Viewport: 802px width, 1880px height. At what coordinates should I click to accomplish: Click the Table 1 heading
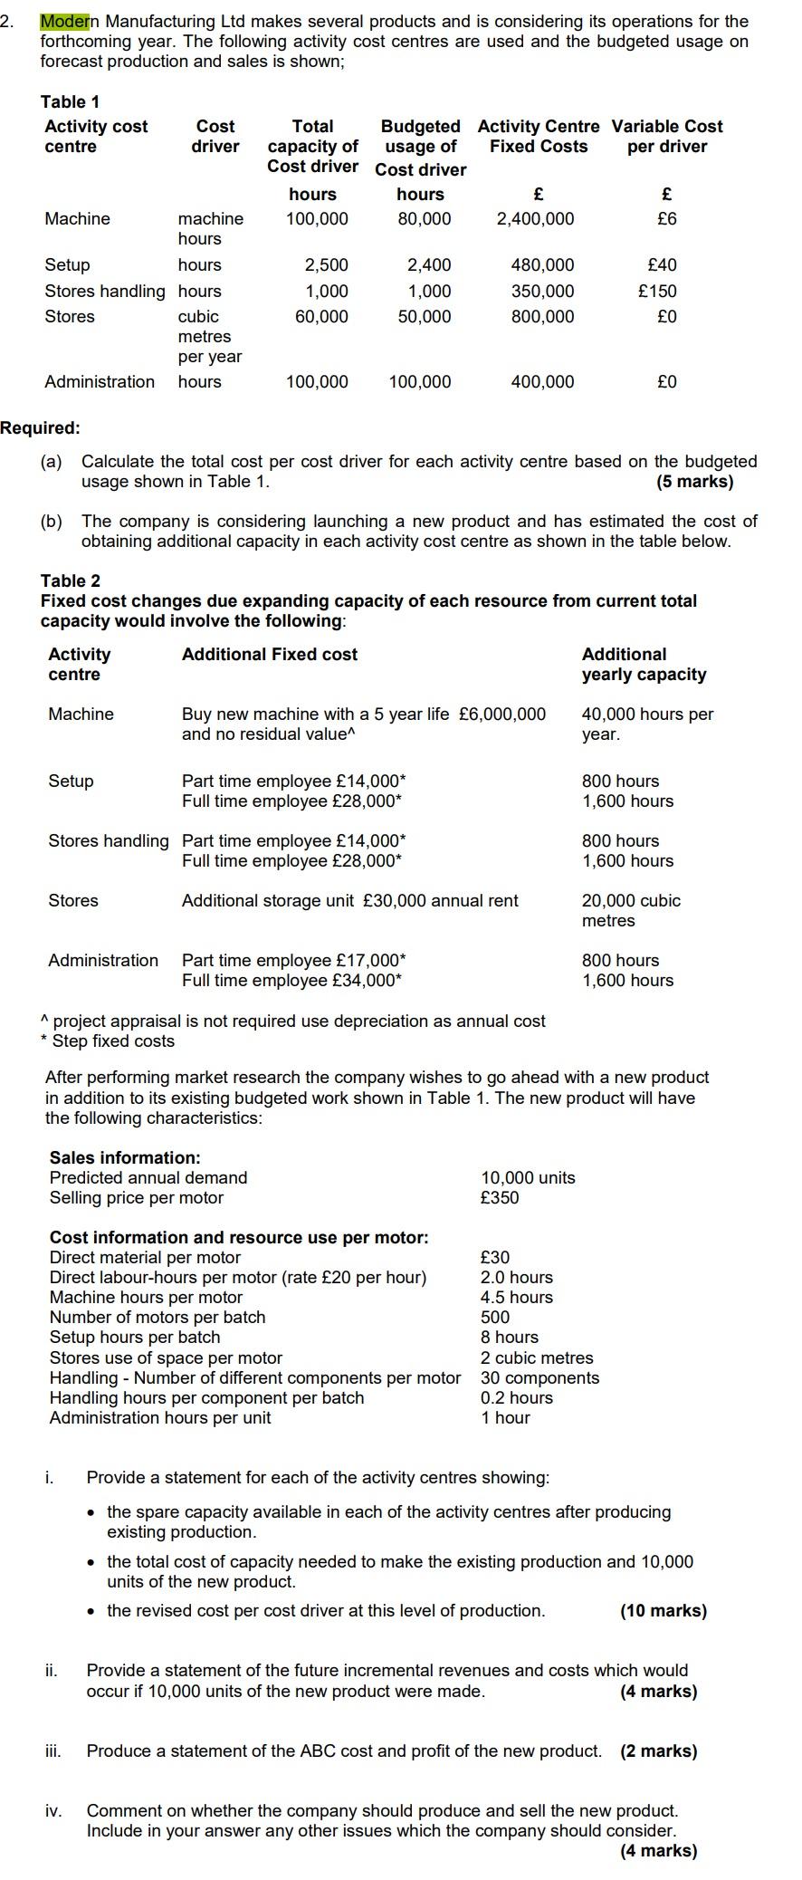70,101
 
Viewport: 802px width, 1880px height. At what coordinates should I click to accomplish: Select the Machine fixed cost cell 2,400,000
535,218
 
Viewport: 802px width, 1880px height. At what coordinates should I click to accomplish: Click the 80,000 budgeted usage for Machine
424,218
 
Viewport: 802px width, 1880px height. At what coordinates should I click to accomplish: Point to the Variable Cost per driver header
667,136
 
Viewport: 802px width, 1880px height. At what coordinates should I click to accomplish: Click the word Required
40,427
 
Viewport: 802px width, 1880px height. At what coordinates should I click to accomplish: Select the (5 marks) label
694,481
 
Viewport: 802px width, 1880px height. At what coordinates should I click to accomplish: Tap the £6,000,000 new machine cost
502,714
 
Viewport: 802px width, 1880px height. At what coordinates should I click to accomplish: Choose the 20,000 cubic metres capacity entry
631,910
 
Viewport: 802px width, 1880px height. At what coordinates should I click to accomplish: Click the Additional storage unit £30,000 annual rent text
350,900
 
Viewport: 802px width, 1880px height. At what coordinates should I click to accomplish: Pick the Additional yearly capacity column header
644,664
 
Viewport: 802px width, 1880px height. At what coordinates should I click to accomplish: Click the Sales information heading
125,1157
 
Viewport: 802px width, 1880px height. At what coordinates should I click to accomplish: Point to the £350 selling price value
500,1197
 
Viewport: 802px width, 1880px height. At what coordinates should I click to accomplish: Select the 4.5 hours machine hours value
516,1297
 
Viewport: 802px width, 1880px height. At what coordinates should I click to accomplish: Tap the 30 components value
539,1377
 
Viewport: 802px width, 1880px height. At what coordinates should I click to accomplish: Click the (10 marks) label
663,1610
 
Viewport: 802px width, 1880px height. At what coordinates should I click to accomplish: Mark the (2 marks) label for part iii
658,1751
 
